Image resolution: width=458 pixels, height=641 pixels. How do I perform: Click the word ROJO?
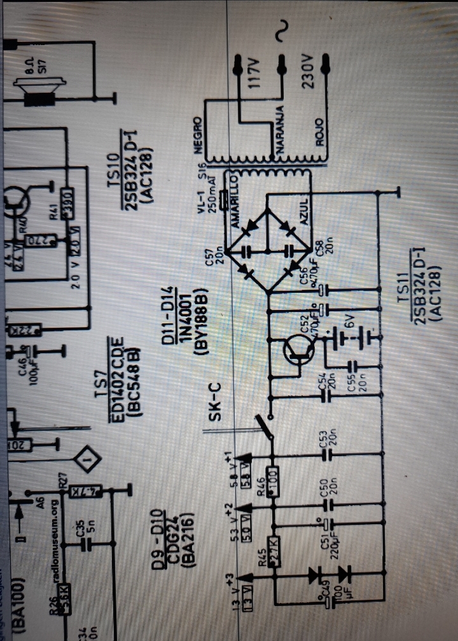(x=319, y=132)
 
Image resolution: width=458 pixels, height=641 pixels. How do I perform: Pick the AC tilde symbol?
(x=279, y=32)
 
